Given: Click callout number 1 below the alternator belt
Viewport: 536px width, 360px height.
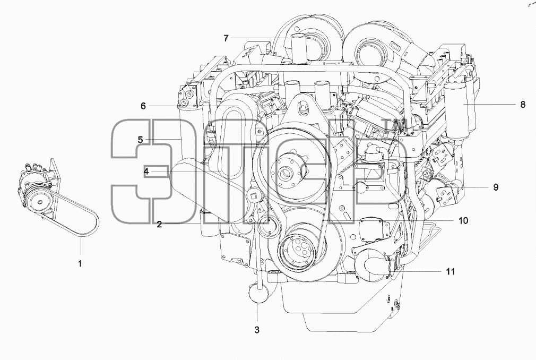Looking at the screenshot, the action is [x=80, y=263].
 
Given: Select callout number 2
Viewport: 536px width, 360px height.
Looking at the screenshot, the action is [x=159, y=224].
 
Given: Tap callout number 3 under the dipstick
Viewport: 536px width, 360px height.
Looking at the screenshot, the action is [x=257, y=330].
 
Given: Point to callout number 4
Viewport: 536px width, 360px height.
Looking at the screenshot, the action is [x=146, y=172].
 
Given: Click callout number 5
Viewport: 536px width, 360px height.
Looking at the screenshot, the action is [x=140, y=140].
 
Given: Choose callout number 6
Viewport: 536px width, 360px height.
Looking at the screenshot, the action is [x=143, y=106].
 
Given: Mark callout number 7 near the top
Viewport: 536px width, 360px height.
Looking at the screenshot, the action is [x=226, y=38].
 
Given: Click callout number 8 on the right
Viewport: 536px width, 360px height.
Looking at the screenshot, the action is [x=523, y=104].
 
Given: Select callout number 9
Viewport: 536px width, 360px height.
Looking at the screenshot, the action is [x=496, y=187].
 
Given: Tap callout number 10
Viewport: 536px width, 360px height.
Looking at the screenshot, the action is [x=463, y=220].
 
